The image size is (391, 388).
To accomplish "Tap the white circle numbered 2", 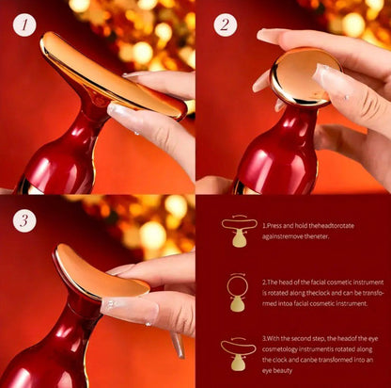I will coord(223,24).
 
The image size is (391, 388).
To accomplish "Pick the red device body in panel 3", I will coord(56,353).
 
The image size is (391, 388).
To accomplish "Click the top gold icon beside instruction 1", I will coord(238,232).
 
